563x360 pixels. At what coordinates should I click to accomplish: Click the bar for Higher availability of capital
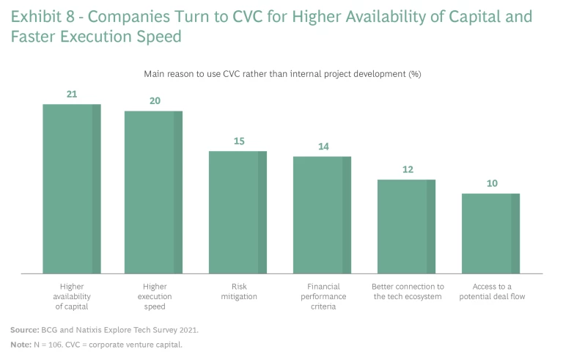tap(71, 189)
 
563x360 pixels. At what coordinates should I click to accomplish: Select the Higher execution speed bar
tap(153, 192)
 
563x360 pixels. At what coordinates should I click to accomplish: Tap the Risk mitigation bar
tap(238, 212)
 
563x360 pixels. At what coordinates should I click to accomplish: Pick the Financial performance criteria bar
tap(322, 215)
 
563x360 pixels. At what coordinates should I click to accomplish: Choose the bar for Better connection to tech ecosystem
tap(406, 227)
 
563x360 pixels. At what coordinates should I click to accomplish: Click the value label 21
tap(71, 94)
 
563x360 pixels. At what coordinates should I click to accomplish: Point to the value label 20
tap(155, 100)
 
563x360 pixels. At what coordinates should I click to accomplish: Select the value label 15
tap(239, 141)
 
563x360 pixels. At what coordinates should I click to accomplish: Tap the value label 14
tap(323, 147)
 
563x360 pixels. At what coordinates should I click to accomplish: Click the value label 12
tap(408, 169)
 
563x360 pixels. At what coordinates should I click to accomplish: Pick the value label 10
tap(492, 183)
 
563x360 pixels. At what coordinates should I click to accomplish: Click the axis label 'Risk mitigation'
tap(239, 291)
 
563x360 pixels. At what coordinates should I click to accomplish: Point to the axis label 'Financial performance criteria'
tap(323, 296)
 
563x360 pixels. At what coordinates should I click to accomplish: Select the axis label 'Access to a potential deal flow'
tap(492, 291)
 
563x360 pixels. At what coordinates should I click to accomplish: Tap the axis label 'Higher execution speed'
tap(155, 296)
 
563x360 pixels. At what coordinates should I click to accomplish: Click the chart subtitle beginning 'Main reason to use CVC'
tap(281, 73)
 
